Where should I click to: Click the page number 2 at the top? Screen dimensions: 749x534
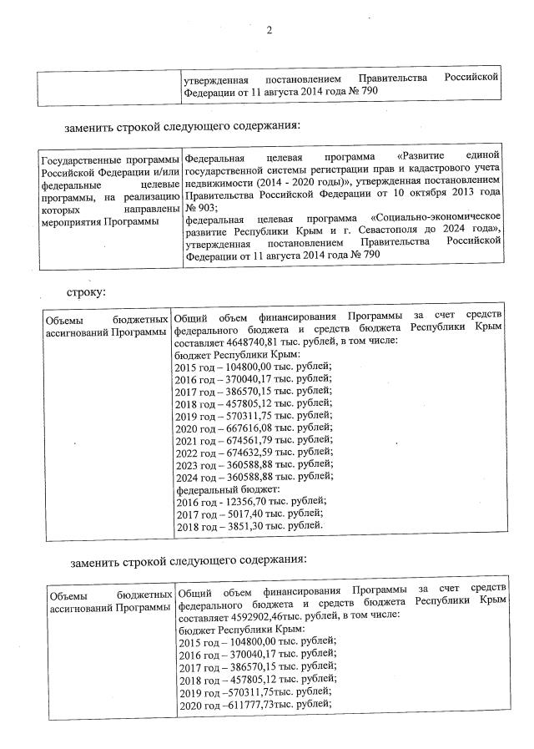[x=270, y=32]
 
